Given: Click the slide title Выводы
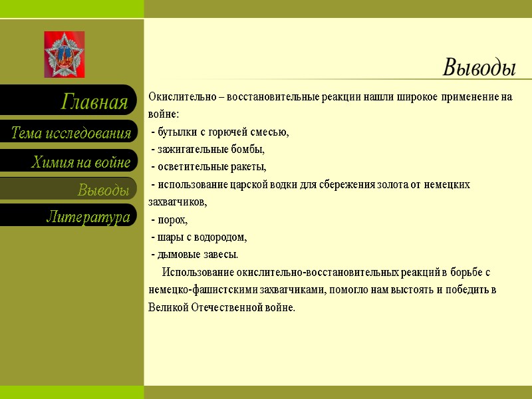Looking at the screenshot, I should pos(479,67).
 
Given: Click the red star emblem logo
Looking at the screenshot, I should pos(65,55).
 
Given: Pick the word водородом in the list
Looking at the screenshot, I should pos(223,237).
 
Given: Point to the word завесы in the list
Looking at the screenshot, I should pos(220,255).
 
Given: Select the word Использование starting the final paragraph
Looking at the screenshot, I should pos(198,272).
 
